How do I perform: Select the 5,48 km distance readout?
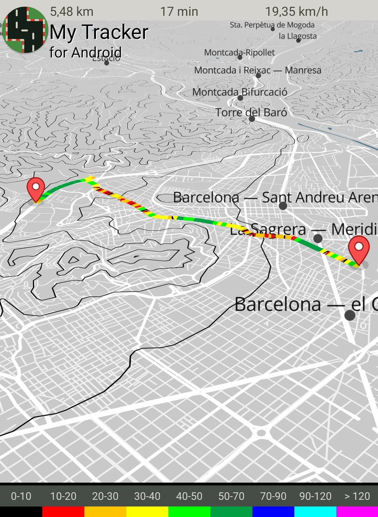coord(69,11)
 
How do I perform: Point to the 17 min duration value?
coord(179,11)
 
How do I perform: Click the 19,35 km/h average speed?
coord(296,11)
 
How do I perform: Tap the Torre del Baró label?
coord(251,112)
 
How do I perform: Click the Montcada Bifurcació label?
coord(240,92)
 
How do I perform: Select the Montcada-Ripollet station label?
coord(239,53)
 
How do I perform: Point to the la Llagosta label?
coord(298,36)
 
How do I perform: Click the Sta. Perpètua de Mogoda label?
coord(272,25)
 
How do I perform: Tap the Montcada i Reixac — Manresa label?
coord(258,70)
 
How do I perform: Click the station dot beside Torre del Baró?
coord(252,119)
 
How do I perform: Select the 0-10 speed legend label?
coord(21,496)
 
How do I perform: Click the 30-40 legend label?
coord(147,496)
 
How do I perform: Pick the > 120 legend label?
coord(357,496)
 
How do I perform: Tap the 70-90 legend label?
coord(273,496)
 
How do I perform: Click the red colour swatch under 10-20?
coord(63,511)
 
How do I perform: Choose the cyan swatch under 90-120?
coord(315,511)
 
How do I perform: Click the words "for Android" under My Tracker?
coord(85,52)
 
